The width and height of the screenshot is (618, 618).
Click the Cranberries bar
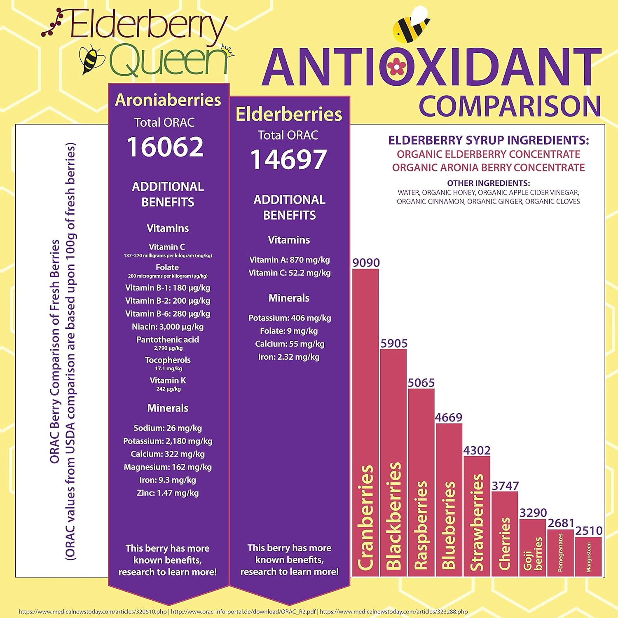(365, 422)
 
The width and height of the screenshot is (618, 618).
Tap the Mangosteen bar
(588, 556)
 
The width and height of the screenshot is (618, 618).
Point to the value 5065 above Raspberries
(421, 383)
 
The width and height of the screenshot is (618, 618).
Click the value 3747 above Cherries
(505, 486)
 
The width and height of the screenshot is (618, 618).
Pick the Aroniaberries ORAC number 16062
(165, 147)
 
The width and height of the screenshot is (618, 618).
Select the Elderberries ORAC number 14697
(288, 160)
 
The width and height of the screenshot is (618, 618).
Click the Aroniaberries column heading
(168, 100)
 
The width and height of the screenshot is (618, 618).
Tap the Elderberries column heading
(289, 115)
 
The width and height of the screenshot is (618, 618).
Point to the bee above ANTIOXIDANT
(411, 25)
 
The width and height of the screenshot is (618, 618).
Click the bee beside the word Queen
(91, 59)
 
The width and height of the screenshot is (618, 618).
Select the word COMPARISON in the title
(510, 106)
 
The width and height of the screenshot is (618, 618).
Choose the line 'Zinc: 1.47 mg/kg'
(168, 493)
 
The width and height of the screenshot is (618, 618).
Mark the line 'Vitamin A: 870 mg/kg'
(289, 260)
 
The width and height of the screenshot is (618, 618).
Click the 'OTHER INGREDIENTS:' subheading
(488, 183)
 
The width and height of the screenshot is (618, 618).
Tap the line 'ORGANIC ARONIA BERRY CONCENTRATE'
(488, 168)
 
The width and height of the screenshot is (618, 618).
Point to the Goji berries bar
(533, 548)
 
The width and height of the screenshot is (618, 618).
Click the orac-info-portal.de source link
(243, 612)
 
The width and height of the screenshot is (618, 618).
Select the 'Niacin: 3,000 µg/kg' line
(168, 327)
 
